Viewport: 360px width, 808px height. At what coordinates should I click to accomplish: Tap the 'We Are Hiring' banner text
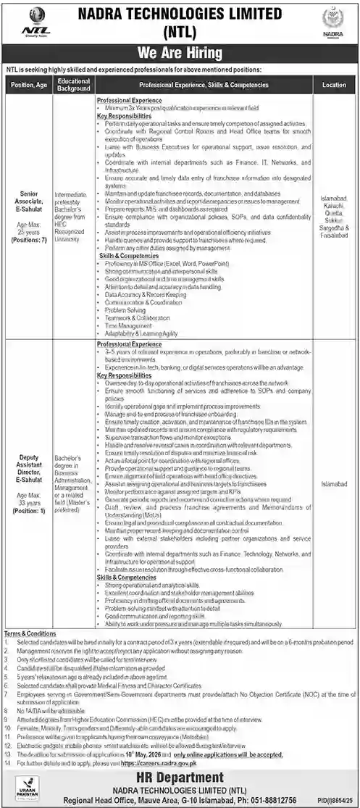pyautogui.click(x=180, y=53)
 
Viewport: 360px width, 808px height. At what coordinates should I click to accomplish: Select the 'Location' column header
pyautogui.click(x=334, y=85)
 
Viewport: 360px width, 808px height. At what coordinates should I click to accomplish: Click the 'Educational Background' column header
pyautogui.click(x=74, y=85)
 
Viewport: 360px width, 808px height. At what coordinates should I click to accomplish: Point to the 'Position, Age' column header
pyautogui.click(x=30, y=85)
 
